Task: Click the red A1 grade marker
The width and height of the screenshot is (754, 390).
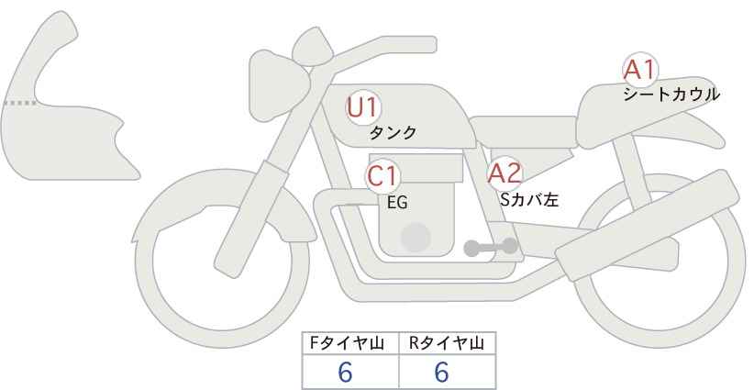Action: (x=638, y=70)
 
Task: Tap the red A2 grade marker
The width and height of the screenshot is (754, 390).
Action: (x=505, y=173)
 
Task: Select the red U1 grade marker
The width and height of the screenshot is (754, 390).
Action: (x=363, y=107)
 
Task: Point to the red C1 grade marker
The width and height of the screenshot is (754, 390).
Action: (x=383, y=175)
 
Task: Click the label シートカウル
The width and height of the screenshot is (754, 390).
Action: (x=671, y=94)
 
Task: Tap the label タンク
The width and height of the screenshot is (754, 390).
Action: (x=393, y=133)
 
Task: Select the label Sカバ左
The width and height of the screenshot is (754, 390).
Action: (x=528, y=197)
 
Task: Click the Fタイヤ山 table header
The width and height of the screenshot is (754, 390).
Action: (x=351, y=343)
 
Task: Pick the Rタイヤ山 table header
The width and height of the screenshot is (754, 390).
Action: (x=447, y=343)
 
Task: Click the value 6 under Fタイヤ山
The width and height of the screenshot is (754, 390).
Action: (x=345, y=372)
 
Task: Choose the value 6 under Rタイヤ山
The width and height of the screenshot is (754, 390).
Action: (x=441, y=372)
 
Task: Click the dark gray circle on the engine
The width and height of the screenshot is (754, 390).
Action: (x=416, y=237)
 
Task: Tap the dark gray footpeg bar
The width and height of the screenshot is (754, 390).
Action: (x=492, y=247)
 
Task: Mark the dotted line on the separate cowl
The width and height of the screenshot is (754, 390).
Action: (x=19, y=104)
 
